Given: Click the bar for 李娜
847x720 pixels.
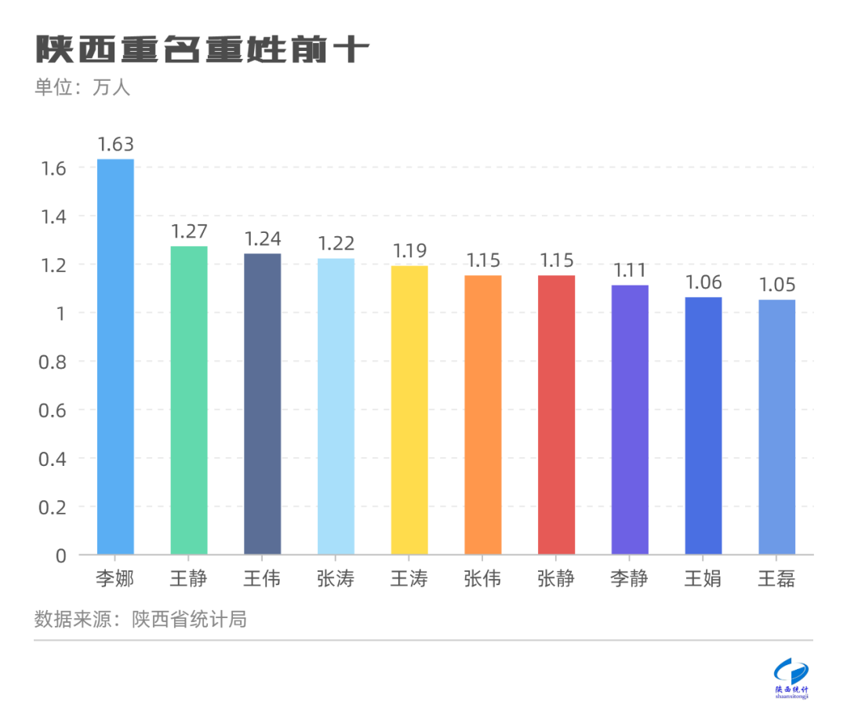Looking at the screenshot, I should pyautogui.click(x=115, y=357).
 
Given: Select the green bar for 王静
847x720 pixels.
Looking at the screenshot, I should pyautogui.click(x=189, y=400).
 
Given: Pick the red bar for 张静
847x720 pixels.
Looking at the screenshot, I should pyautogui.click(x=556, y=415).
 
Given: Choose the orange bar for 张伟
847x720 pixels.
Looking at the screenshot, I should pyautogui.click(x=483, y=415).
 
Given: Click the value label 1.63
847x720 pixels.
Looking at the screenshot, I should pyautogui.click(x=115, y=144).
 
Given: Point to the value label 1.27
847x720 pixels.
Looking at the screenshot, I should pyautogui.click(x=189, y=231).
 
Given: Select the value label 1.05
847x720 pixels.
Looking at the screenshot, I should pyautogui.click(x=776, y=285).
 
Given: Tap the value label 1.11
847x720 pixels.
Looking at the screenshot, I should pyautogui.click(x=630, y=271).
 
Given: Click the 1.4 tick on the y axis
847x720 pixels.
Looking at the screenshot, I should pyautogui.click(x=53, y=216).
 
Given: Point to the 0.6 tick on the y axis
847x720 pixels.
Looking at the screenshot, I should pyautogui.click(x=53, y=410).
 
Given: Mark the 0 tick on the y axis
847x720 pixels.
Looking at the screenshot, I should pyautogui.click(x=61, y=555).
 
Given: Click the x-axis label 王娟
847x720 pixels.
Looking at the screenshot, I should pyautogui.click(x=703, y=580).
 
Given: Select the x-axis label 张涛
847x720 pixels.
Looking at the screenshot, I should pyautogui.click(x=336, y=580).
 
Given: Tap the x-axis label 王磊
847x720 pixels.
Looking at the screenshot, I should pyautogui.click(x=776, y=580).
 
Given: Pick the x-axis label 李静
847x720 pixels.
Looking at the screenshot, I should pyautogui.click(x=630, y=580).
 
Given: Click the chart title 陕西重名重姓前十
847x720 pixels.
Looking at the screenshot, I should pyautogui.click(x=202, y=49).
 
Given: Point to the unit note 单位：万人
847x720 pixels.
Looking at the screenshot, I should pyautogui.click(x=82, y=87).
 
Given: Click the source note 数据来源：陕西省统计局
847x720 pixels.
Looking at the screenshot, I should pyautogui.click(x=141, y=619).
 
